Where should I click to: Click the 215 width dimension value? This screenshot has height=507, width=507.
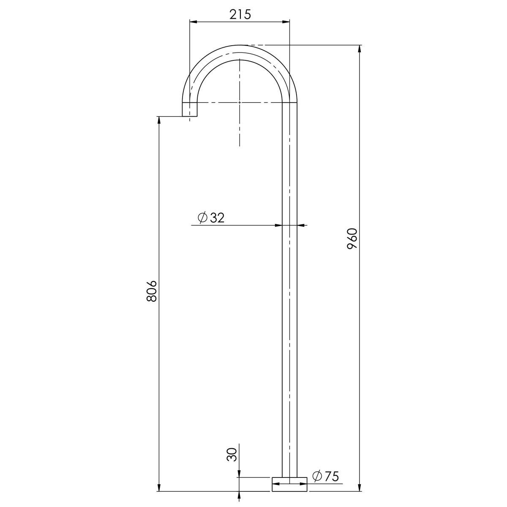tap(240, 14)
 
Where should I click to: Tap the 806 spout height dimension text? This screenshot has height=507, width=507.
tap(152, 290)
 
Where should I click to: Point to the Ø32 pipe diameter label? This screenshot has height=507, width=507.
tap(211, 218)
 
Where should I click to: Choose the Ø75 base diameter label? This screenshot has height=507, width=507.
tap(326, 476)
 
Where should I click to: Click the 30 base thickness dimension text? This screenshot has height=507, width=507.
tap(231, 455)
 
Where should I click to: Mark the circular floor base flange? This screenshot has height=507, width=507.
tap(289, 484)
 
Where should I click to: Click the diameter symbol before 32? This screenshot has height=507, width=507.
tap(202, 218)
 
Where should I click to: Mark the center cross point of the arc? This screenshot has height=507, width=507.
tap(240, 102)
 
